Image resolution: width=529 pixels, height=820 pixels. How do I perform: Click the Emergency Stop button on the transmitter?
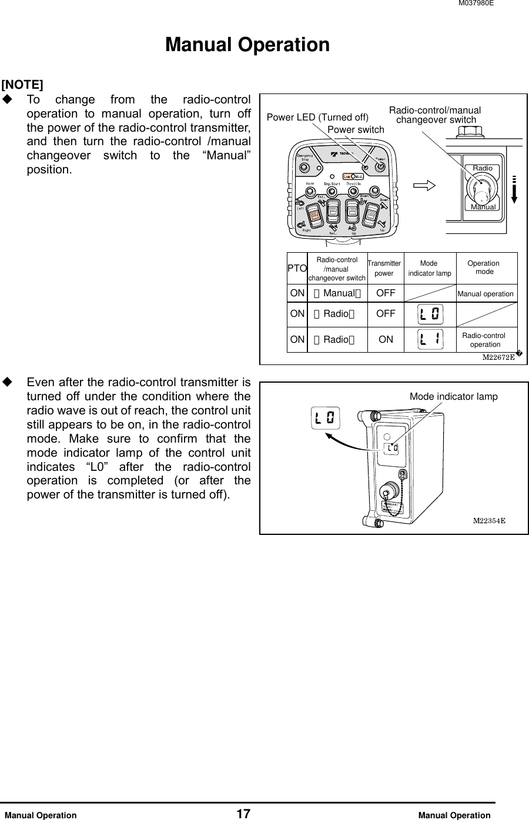pos(305,168)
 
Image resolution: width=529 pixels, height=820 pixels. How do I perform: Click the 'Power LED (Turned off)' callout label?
pos(317,117)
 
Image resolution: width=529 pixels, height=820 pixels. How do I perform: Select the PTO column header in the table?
pos(297,268)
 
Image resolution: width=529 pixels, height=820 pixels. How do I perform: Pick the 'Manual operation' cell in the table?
pos(485,294)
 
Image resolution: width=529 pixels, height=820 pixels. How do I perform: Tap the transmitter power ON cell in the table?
pos(386,339)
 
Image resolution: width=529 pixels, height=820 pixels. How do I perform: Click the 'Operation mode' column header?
pos(484,267)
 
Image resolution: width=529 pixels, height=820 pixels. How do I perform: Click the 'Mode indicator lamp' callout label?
pos(453,397)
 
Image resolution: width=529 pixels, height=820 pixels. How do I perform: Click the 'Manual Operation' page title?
pos(247,45)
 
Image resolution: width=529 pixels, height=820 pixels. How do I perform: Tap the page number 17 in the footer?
pos(243,814)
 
